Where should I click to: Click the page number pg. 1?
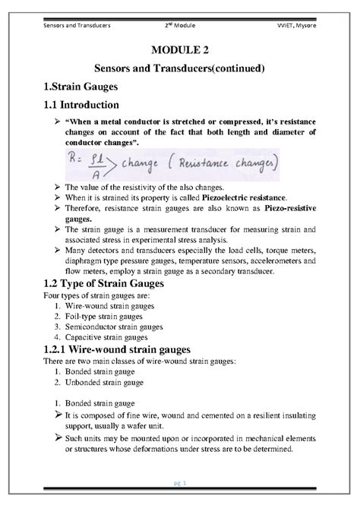(180, 482)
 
